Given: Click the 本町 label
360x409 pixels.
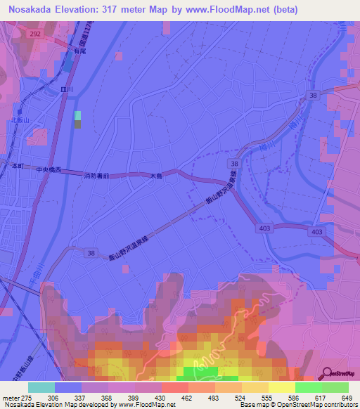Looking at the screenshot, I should (18, 165).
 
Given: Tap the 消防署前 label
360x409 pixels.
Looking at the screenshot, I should (97, 176).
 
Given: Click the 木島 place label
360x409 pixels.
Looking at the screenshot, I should (156, 176).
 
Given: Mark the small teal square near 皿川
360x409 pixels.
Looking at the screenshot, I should (77, 115).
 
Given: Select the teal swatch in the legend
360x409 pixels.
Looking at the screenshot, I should (41, 387).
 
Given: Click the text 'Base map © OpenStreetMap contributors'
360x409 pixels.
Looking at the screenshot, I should (295, 405).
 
